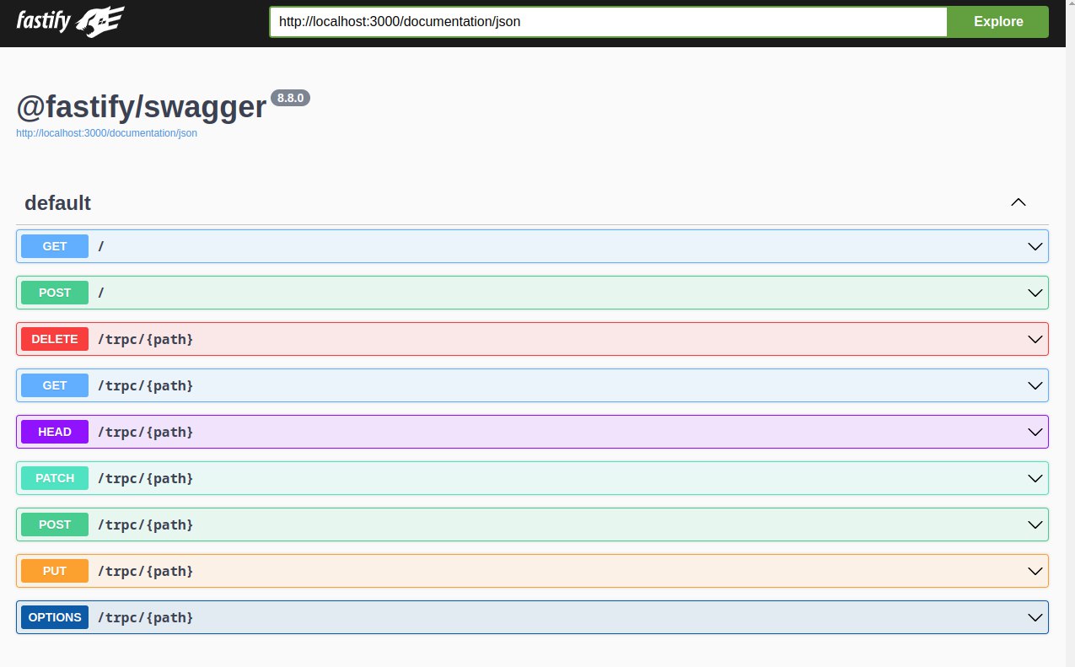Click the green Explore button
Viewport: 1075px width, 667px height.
[997, 22]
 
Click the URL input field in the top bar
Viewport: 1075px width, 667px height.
[608, 22]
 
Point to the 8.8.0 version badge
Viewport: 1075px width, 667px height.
[290, 98]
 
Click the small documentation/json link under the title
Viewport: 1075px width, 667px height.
[106, 133]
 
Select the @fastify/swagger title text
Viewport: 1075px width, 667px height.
[142, 107]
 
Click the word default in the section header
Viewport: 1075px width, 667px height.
[57, 203]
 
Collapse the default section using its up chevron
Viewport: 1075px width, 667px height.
[1019, 202]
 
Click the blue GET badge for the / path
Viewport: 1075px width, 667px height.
[55, 246]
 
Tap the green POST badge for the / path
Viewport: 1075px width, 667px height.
[55, 293]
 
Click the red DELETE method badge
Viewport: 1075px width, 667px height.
[55, 339]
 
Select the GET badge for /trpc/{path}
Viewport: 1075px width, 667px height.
[55, 385]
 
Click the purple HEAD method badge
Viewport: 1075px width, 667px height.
[55, 432]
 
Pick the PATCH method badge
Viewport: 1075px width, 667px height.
[55, 478]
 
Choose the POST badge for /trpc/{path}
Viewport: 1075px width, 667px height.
[55, 524]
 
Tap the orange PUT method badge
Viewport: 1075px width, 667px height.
[55, 571]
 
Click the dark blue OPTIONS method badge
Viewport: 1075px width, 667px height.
[55, 617]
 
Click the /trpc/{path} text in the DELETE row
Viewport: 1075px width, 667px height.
[146, 339]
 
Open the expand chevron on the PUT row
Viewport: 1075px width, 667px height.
[1035, 571]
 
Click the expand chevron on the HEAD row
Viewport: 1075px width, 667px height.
[1035, 432]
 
